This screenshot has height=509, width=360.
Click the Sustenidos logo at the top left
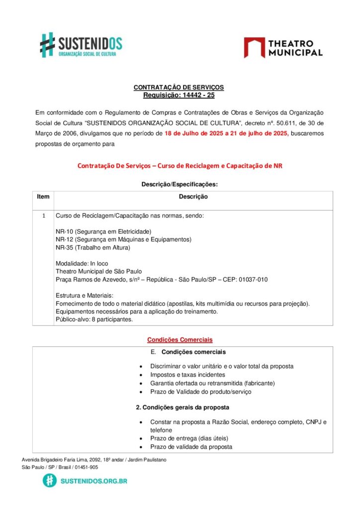(81, 44)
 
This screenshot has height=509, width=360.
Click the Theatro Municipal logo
(283, 48)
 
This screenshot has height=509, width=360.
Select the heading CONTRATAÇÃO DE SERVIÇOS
(179, 87)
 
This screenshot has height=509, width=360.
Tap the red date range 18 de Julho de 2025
(194, 133)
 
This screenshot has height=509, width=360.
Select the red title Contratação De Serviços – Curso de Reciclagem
(180, 166)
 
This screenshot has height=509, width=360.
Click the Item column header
(43, 197)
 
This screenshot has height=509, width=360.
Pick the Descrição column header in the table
(193, 197)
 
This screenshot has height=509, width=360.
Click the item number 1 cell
(43, 216)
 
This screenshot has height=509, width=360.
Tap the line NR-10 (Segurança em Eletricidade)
(103, 232)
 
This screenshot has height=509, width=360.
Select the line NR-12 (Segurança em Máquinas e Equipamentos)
(123, 240)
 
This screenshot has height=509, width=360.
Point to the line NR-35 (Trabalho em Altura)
(93, 248)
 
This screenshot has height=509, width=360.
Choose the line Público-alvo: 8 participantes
(94, 320)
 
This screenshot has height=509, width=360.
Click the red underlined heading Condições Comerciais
(180, 340)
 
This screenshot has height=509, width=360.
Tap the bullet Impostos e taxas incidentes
(187, 375)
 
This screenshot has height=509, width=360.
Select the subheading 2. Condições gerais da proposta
(182, 408)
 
